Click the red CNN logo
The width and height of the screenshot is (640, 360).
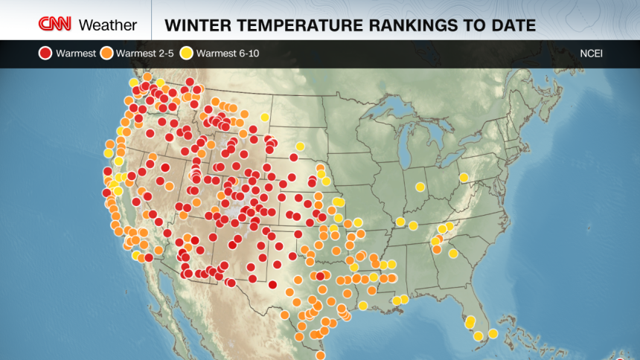point(56,25)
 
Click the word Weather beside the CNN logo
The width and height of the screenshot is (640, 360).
point(107,25)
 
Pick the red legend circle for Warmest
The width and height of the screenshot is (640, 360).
point(45,53)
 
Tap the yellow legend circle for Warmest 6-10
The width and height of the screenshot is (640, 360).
point(186,53)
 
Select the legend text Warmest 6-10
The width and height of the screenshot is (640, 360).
point(227,53)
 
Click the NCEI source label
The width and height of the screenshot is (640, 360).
point(592,53)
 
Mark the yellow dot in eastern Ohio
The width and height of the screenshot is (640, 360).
point(464,178)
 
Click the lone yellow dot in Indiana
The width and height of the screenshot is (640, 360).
point(420,187)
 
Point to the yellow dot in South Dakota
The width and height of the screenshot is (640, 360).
point(300,147)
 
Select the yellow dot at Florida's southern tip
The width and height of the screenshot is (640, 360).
point(479,336)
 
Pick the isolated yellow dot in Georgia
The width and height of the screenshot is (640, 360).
point(453,254)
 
